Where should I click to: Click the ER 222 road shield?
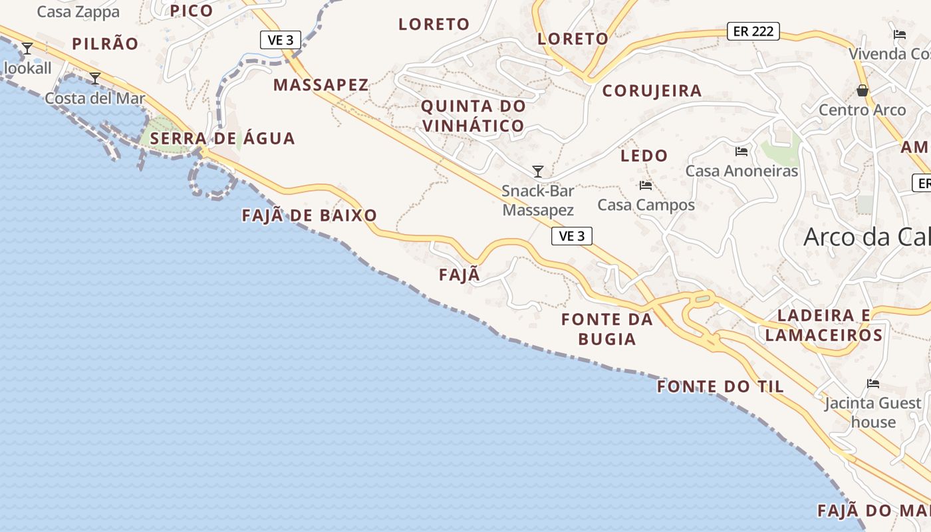(x=753, y=31)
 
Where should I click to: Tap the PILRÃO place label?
(x=105, y=44)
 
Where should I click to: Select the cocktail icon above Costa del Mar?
(x=95, y=78)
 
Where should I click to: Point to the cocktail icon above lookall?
(x=27, y=49)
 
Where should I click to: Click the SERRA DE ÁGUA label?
(x=222, y=138)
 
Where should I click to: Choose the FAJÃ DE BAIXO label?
(x=309, y=215)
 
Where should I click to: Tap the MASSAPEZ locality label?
(x=321, y=85)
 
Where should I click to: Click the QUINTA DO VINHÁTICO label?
(x=473, y=116)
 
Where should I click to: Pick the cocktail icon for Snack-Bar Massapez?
(x=538, y=172)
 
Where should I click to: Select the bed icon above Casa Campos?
(x=645, y=186)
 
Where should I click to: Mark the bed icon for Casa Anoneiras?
(x=741, y=152)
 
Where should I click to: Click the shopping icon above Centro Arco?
(x=863, y=90)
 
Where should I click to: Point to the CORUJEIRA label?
(x=652, y=91)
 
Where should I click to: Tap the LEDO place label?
(x=644, y=156)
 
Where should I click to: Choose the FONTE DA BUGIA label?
(x=607, y=329)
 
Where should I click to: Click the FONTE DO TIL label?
(x=720, y=386)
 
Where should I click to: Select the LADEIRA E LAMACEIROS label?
(x=824, y=325)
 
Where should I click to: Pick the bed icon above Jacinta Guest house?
(x=873, y=384)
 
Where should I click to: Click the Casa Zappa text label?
(x=78, y=12)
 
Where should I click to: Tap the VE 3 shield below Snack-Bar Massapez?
(x=571, y=236)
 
